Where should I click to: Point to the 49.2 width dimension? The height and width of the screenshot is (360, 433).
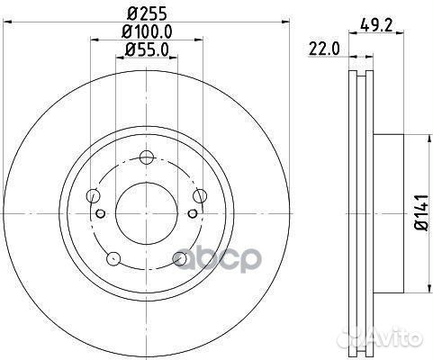(376, 26)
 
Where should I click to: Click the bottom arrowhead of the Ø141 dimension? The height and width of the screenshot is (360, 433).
(401, 288)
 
